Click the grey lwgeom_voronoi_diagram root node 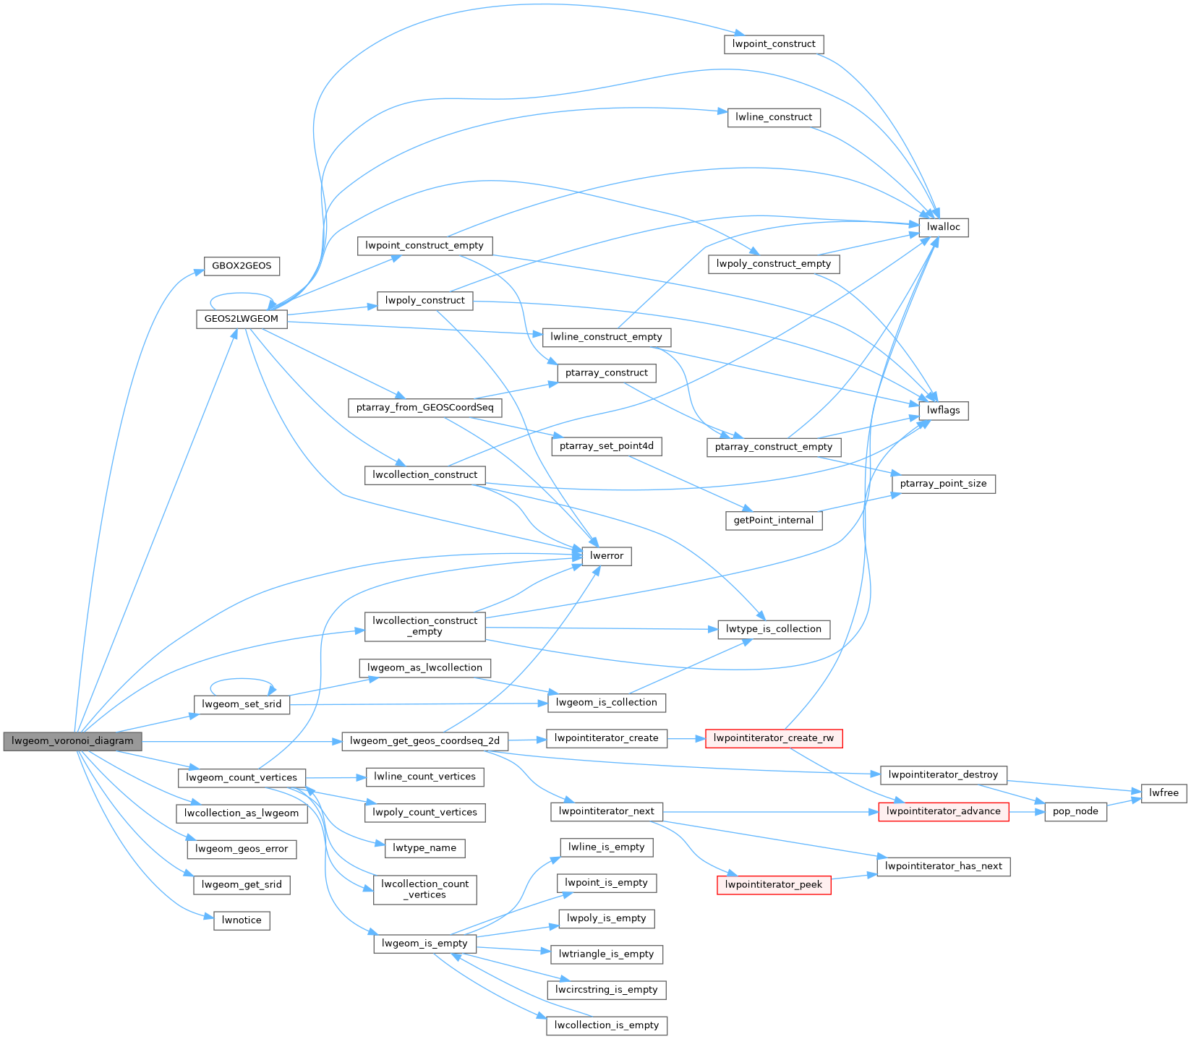tap(72, 741)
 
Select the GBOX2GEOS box tap(242, 266)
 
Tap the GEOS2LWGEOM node tap(242, 319)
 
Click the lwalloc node tap(943, 227)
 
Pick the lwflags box tap(943, 411)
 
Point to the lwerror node tap(607, 556)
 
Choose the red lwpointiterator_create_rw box tap(773, 739)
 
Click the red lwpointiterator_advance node tap(943, 811)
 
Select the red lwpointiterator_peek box tap(774, 884)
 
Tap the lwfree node tap(1164, 793)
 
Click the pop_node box tap(1075, 811)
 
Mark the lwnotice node tap(242, 920)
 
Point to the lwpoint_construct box tap(774, 44)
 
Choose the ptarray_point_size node tap(943, 484)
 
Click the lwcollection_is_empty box tap(607, 1025)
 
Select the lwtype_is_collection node tap(774, 629)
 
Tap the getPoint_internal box tap(774, 520)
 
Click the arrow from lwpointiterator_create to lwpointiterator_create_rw tap(686, 739)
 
